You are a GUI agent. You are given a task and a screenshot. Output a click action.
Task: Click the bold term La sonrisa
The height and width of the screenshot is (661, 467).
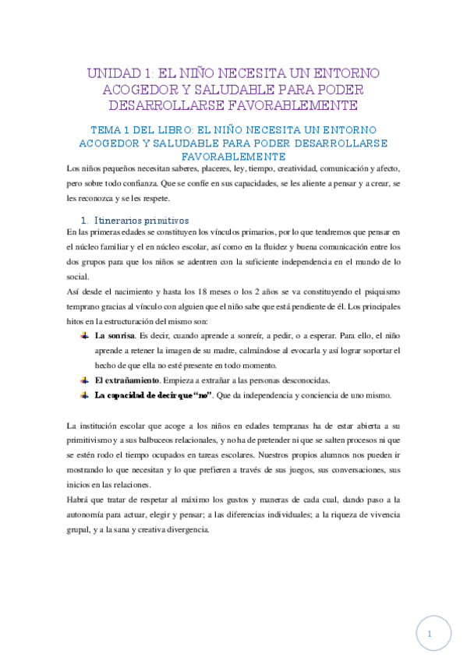[115, 336]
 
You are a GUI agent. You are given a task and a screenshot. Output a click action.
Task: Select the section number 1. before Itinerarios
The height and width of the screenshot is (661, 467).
[86, 220]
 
